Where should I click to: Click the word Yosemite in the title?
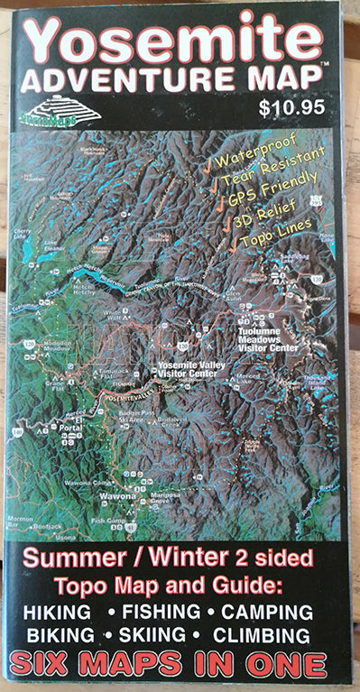click(172, 41)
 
